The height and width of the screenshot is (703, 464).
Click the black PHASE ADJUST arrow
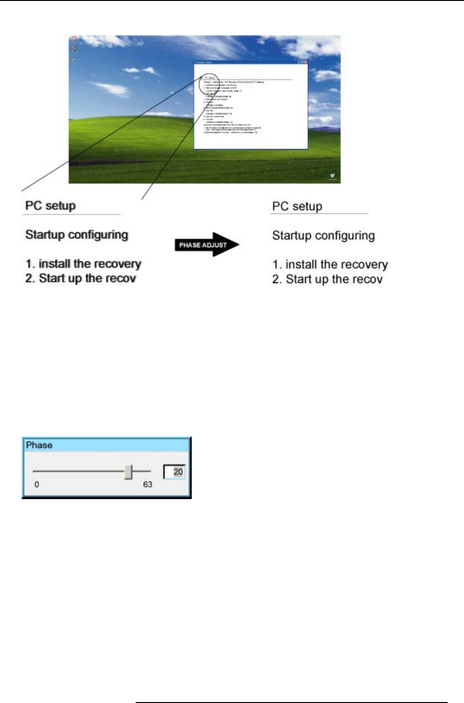207,245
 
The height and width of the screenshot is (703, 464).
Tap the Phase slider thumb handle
128,471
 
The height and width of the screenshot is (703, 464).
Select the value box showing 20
174,472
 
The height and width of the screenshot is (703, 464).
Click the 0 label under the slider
36,484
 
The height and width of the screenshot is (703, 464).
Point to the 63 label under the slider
148,484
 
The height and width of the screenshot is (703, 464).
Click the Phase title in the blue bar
39,445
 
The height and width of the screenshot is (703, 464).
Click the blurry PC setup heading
50,206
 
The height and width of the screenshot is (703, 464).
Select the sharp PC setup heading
297,206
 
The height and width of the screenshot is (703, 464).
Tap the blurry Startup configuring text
77,234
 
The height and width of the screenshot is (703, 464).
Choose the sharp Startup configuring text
324,235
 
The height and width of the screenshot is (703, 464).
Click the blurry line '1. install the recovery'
83,264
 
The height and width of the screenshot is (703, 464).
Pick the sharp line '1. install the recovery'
330,265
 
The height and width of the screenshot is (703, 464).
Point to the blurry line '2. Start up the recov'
81,278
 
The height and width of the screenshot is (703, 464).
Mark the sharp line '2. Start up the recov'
327,279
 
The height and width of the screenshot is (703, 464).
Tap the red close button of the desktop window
305,62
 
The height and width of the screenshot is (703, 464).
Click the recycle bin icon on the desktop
332,176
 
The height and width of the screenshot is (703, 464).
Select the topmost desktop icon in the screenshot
74,38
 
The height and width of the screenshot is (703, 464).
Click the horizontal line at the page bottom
291,703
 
